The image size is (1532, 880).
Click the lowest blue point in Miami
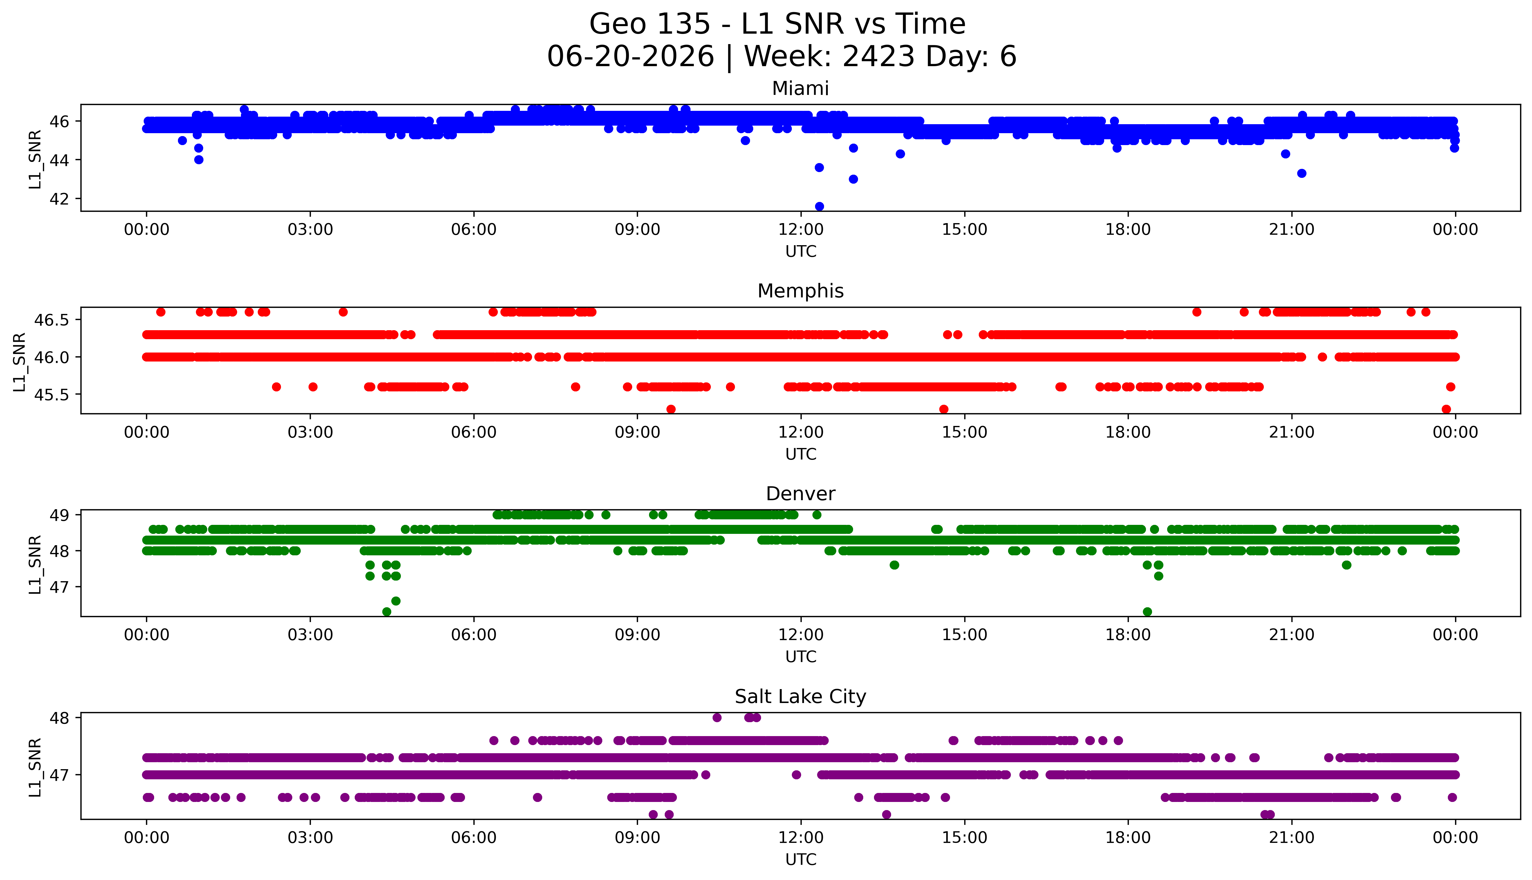(819, 206)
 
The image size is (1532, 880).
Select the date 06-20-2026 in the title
(630, 57)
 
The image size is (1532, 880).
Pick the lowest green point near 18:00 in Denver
(1147, 612)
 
